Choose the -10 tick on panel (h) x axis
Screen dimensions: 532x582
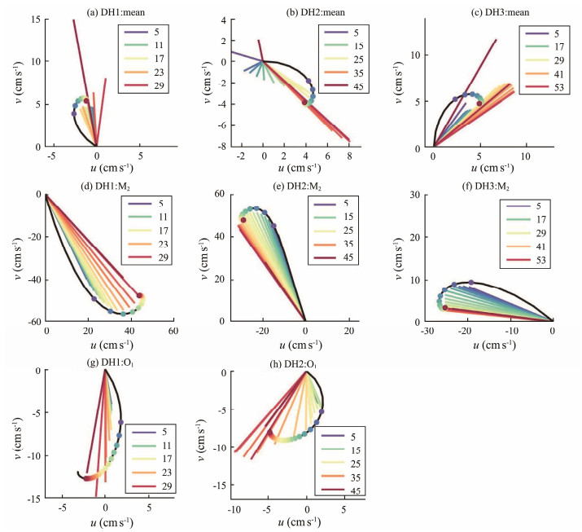click(234, 508)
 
